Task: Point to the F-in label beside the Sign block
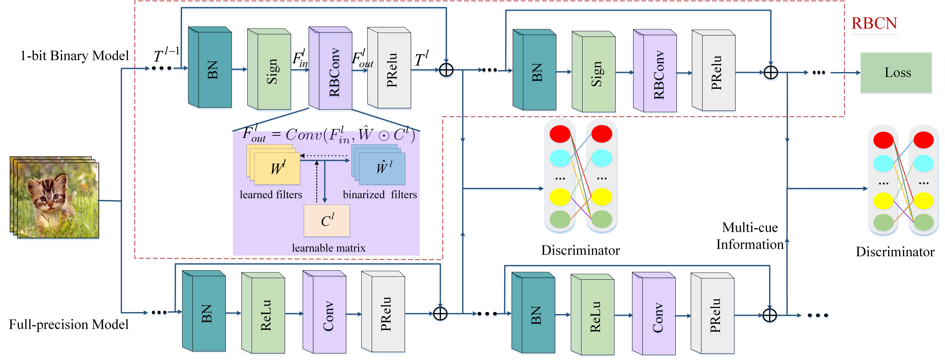[x=300, y=59]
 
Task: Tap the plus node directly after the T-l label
[x=446, y=70]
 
